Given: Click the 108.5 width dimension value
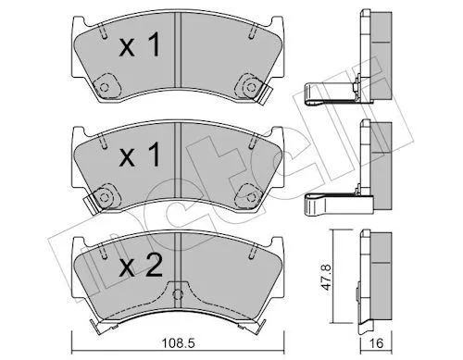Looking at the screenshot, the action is click(x=178, y=343).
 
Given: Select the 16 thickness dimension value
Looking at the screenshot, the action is click(x=376, y=343).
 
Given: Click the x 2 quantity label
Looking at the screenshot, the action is click(x=141, y=267).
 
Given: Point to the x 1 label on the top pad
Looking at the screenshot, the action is click(x=140, y=46).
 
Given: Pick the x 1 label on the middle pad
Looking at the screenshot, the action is click(x=140, y=155).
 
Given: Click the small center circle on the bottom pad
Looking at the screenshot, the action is click(x=177, y=294).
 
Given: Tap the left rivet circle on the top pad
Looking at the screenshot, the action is click(x=105, y=87).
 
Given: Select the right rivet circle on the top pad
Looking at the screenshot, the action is click(x=251, y=87).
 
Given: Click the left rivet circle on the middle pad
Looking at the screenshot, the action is click(x=105, y=196).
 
